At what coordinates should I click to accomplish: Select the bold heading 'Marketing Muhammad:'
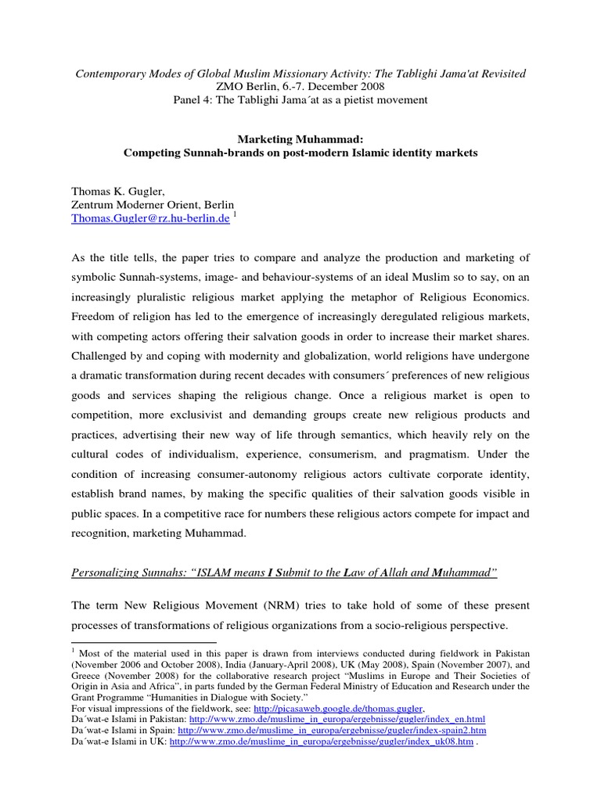[x=300, y=138]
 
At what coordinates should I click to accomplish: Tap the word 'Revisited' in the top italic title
[x=498, y=73]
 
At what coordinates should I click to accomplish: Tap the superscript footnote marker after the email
[x=236, y=215]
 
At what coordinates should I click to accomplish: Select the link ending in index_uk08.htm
[x=321, y=741]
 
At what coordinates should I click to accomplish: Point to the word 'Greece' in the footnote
[x=88, y=675]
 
